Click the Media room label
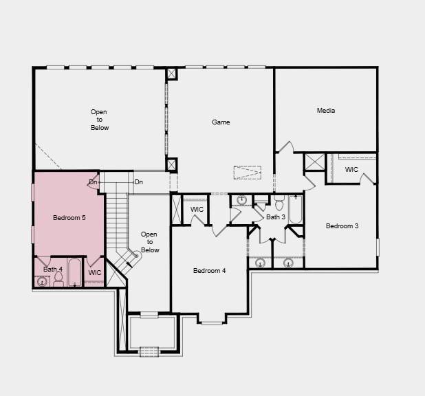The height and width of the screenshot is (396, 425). point(325,111)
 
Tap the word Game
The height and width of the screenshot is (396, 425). point(221,122)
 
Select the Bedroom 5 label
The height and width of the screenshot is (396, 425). point(69,218)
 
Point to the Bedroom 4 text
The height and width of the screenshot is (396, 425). point(209,271)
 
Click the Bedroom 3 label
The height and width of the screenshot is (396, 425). point(342,226)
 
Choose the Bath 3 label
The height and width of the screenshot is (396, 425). point(276,217)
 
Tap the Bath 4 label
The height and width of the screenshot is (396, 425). point(53,269)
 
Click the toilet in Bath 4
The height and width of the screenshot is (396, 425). point(58,278)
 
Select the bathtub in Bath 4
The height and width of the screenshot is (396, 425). point(74,272)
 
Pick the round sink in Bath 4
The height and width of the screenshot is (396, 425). point(42,280)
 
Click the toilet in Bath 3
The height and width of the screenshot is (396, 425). point(279,204)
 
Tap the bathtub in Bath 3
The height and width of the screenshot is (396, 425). point(296,210)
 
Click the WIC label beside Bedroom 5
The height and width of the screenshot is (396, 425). point(95,273)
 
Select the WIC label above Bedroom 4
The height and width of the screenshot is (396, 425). point(197,210)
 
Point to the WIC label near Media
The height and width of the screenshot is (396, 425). point(351,170)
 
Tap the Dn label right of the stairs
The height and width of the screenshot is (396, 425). point(139,182)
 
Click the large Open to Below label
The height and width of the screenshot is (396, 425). point(100,120)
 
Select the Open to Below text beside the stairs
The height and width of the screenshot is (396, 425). point(149,242)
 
